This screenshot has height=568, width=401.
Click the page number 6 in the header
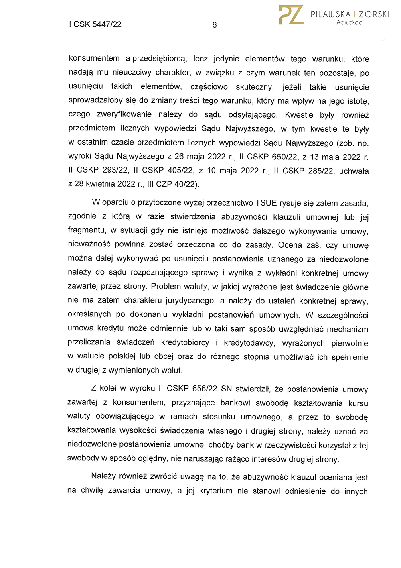coord(215,25)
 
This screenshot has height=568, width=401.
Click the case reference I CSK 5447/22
coord(95,24)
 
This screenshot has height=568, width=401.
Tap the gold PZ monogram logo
coord(291,15)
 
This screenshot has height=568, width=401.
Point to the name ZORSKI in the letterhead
coord(374,14)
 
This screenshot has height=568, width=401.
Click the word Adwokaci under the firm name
coord(350,23)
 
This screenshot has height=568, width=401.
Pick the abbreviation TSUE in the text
coord(266,203)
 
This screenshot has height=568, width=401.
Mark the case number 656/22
coord(205,389)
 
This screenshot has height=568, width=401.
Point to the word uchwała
coord(354,171)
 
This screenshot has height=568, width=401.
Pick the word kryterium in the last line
coord(215,491)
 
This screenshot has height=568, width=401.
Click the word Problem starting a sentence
coord(166,287)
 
